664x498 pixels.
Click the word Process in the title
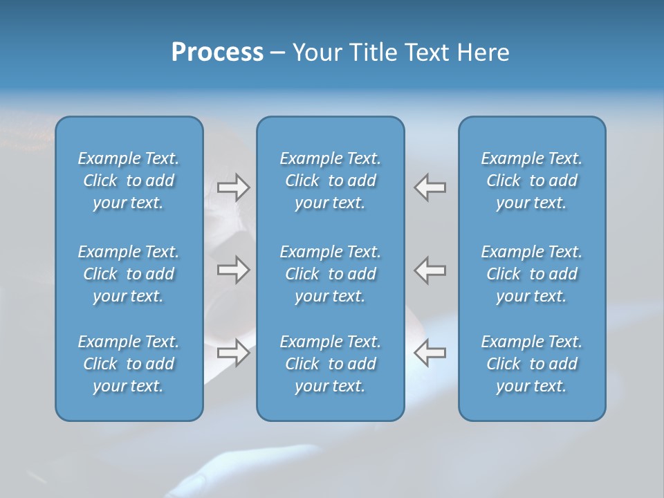coord(217,53)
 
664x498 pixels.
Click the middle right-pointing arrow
coord(234,270)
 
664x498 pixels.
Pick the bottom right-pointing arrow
coord(234,352)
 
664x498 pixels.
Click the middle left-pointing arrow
coord(430,270)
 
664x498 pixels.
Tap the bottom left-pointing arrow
coord(430,352)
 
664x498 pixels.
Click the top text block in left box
coord(129,181)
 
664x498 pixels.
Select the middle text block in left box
coord(129,274)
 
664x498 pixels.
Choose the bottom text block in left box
coord(129,364)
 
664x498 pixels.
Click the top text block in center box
coord(330,181)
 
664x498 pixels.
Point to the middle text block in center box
coord(330,274)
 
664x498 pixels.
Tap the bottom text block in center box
coord(330,364)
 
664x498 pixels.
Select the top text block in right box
coord(531,181)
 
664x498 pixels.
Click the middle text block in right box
coord(531,274)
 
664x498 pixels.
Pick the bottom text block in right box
coord(531,364)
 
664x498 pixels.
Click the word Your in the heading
coord(317,53)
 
